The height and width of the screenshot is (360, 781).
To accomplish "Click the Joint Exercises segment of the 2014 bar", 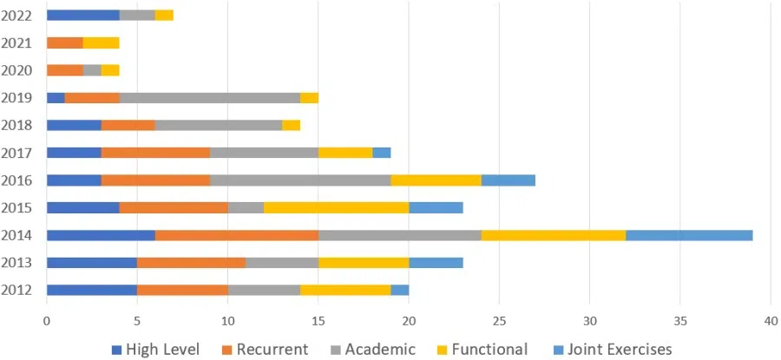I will click(689, 235).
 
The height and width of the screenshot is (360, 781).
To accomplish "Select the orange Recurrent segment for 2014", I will click(237, 235).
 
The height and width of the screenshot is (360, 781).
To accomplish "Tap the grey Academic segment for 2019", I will click(209, 97).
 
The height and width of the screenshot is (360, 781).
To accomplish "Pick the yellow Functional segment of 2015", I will click(336, 207).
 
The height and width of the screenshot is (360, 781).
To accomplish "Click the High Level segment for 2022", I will click(82, 15).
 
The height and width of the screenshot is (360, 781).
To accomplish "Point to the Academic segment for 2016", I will click(300, 180).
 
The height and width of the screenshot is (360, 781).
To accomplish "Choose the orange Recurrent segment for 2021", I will click(64, 43).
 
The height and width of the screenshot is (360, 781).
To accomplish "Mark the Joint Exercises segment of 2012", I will click(399, 290).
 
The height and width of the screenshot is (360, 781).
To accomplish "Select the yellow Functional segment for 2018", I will click(291, 125).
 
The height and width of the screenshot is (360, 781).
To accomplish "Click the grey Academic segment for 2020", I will click(92, 70).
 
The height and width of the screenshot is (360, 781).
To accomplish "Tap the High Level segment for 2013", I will click(91, 262).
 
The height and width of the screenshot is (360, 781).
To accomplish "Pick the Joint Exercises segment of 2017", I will click(381, 153).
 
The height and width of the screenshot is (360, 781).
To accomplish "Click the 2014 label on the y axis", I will click(17, 235).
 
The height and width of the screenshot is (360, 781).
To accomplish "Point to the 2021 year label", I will click(17, 43).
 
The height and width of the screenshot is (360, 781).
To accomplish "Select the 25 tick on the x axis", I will click(499, 320).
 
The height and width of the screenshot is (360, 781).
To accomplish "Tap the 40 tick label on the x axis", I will click(770, 320).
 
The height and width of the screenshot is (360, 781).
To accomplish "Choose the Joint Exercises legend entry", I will click(614, 349).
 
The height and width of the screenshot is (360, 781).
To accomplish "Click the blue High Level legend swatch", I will click(117, 350).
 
